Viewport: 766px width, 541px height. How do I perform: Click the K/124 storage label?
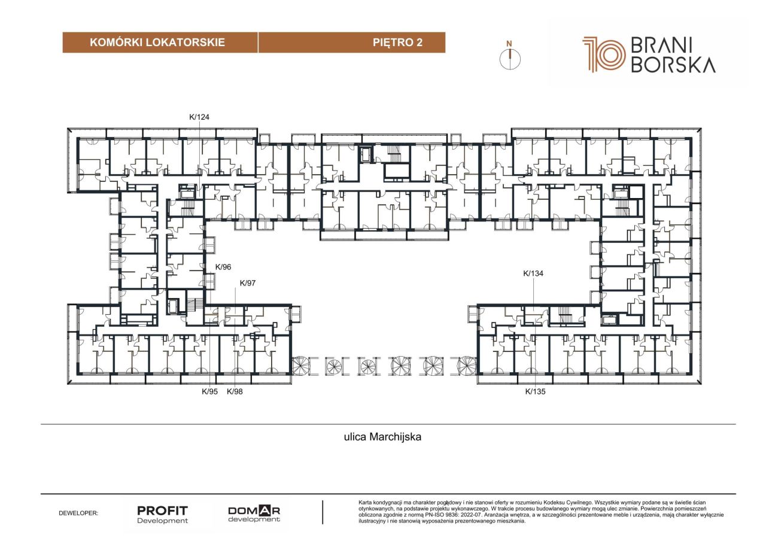pyautogui.click(x=199, y=117)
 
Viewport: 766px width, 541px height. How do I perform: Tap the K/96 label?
pyautogui.click(x=223, y=267)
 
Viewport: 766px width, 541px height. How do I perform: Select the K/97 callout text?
pyautogui.click(x=248, y=283)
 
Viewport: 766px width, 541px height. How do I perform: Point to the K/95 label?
pyautogui.click(x=209, y=391)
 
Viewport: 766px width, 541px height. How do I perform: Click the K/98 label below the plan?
pyautogui.click(x=235, y=391)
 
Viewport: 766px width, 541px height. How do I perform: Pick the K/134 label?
pyautogui.click(x=533, y=273)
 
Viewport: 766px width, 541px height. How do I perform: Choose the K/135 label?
pyautogui.click(x=535, y=391)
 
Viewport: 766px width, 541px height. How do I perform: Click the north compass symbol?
pyautogui.click(x=510, y=56)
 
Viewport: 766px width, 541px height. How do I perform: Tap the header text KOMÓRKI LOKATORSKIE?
pyautogui.click(x=157, y=42)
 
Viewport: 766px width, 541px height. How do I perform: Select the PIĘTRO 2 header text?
pyautogui.click(x=397, y=42)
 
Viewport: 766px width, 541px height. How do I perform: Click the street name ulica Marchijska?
pyautogui.click(x=382, y=437)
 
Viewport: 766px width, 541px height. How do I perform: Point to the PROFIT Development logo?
pyautogui.click(x=162, y=514)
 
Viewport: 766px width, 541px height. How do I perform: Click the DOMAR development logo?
pyautogui.click(x=254, y=513)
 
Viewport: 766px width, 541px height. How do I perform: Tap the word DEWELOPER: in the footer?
pyautogui.click(x=78, y=513)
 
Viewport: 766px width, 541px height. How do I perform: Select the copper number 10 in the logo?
pyautogui.click(x=604, y=54)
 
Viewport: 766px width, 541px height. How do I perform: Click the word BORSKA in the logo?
pyautogui.click(x=673, y=65)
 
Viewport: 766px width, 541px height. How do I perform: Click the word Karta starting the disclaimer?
pyautogui.click(x=365, y=503)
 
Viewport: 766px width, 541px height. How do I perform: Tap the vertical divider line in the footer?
pyautogui.click(x=323, y=512)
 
